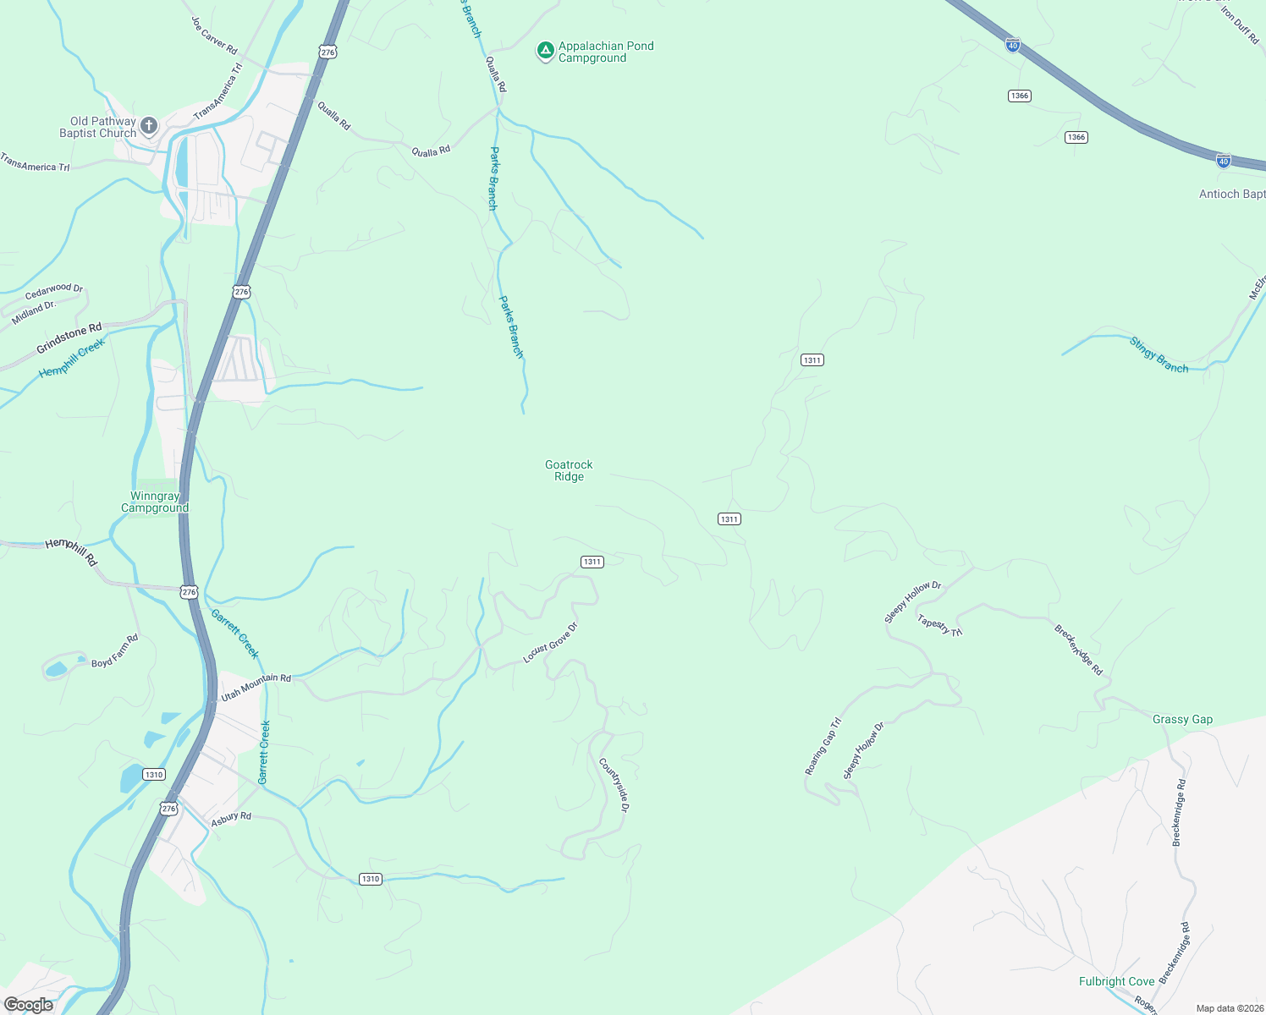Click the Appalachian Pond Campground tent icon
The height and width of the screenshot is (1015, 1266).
pyautogui.click(x=546, y=52)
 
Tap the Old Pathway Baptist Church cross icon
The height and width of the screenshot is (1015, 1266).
pyautogui.click(x=149, y=127)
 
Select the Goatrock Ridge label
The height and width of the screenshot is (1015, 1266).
pyautogui.click(x=569, y=470)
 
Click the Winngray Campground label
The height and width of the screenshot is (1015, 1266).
pyautogui.click(x=155, y=502)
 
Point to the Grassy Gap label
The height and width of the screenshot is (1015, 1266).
pyautogui.click(x=1182, y=720)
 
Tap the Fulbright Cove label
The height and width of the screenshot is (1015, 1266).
pyautogui.click(x=1116, y=981)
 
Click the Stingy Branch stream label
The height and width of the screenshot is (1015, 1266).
pyautogui.click(x=1159, y=354)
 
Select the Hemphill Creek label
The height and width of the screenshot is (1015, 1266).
pyautogui.click(x=72, y=359)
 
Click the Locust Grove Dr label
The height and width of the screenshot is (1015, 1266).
pyautogui.click(x=550, y=643)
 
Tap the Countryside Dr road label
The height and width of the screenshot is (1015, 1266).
pyautogui.click(x=614, y=785)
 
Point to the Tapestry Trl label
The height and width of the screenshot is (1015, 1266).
pyautogui.click(x=939, y=625)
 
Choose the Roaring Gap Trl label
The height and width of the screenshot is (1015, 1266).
pyautogui.click(x=823, y=746)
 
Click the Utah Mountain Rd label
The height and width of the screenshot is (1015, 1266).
pyautogui.click(x=256, y=687)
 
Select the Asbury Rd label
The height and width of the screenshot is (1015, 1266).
pyautogui.click(x=231, y=819)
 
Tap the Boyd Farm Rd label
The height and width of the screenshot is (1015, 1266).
pyautogui.click(x=114, y=651)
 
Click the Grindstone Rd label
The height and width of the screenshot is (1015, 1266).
pyautogui.click(x=69, y=338)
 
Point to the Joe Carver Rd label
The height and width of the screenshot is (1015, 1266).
pyautogui.click(x=214, y=36)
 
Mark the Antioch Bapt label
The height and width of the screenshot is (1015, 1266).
pyautogui.click(x=1231, y=194)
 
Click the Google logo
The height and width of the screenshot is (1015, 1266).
pyautogui.click(x=29, y=1005)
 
